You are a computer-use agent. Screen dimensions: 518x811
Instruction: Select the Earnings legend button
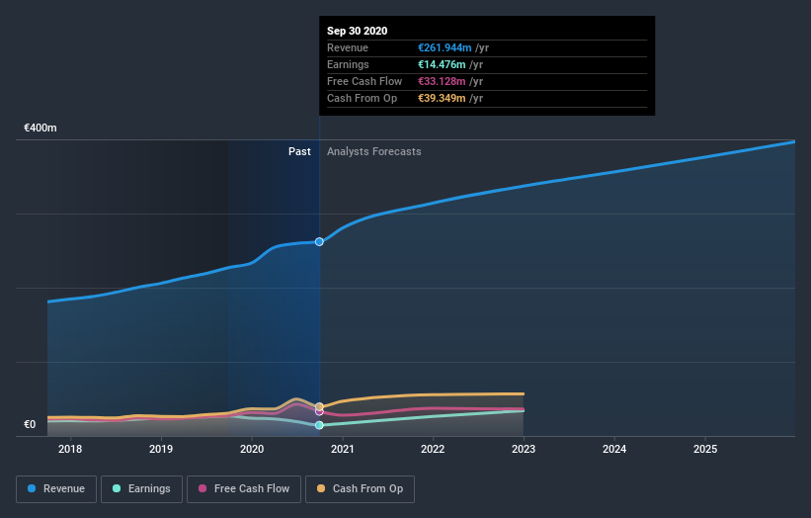click(x=141, y=488)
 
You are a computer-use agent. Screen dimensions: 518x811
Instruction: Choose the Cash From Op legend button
click(x=361, y=488)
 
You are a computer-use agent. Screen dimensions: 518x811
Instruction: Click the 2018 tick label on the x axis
click(x=70, y=450)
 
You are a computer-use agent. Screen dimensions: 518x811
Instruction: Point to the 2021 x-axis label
click(x=343, y=450)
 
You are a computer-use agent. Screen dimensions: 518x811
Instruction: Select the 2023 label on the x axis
click(x=524, y=450)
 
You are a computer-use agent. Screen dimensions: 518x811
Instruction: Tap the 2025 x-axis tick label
click(x=705, y=450)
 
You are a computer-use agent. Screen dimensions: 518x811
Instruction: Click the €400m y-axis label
click(x=41, y=129)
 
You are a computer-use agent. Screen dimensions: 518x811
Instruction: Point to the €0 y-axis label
click(x=30, y=425)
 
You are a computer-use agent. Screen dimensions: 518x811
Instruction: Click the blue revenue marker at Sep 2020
click(x=319, y=241)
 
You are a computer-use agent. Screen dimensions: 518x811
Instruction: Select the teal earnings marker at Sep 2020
click(x=319, y=425)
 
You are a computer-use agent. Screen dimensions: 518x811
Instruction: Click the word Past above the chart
click(x=299, y=151)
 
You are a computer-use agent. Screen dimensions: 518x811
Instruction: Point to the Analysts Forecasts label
click(x=373, y=151)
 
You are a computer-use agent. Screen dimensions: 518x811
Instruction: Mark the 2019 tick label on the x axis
click(x=161, y=450)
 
